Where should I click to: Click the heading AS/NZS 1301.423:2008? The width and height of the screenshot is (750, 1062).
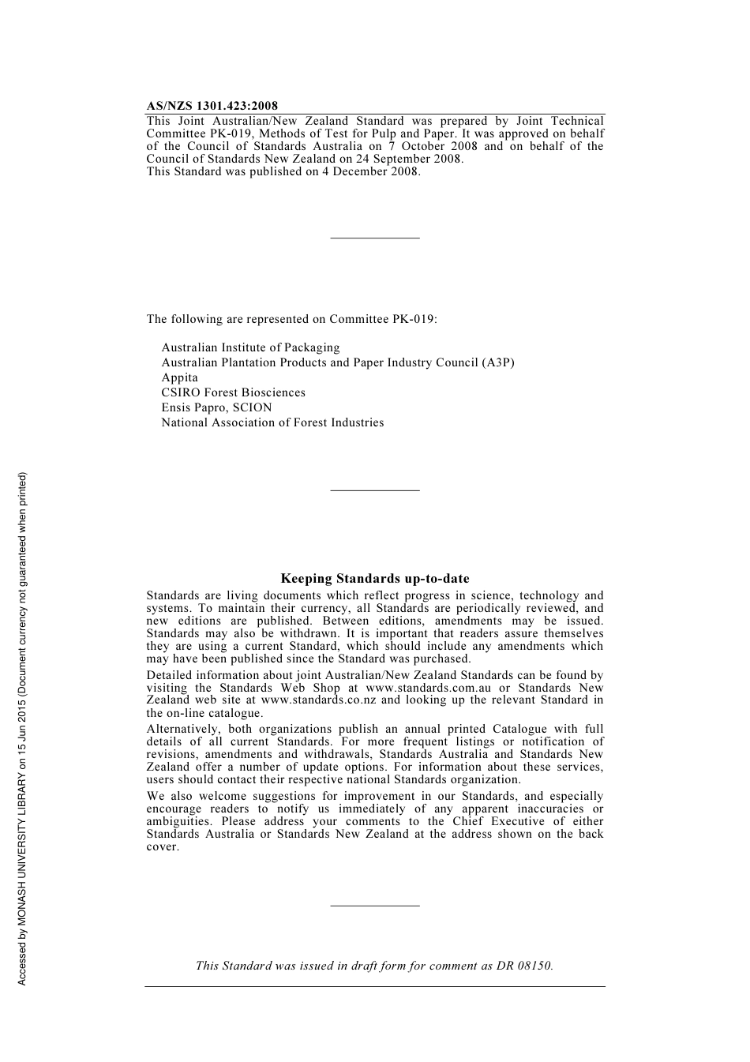pyautogui.click(x=212, y=106)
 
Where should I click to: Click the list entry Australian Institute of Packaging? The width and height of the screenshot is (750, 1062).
pyautogui.click(x=250, y=347)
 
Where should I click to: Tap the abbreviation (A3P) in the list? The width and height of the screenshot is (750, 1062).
pyautogui.click(x=498, y=362)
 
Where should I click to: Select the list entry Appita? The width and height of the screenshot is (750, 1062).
pyautogui.click(x=179, y=377)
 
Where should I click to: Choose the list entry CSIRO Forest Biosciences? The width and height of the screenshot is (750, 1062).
pyautogui.click(x=233, y=392)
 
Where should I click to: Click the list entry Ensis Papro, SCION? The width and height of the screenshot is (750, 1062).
pyautogui.click(x=216, y=407)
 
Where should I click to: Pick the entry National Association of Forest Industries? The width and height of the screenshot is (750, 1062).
pyautogui.click(x=272, y=422)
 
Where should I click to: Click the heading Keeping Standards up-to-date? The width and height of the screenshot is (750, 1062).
pyautogui.click(x=374, y=579)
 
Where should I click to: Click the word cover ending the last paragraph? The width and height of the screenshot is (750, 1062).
pyautogui.click(x=162, y=847)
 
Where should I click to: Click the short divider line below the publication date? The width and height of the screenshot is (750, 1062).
pyautogui.click(x=374, y=238)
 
